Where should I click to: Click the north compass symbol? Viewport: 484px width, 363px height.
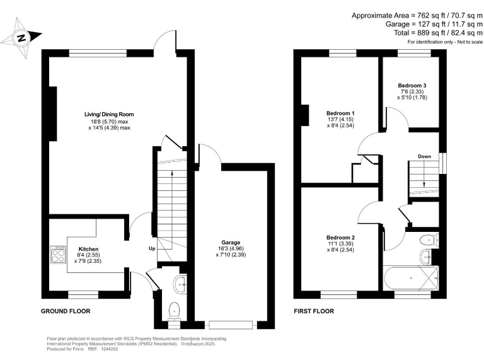pyautogui.click(x=22, y=38)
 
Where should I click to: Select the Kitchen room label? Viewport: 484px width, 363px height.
pyautogui.click(x=88, y=248)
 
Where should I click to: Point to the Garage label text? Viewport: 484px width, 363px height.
pyautogui.click(x=231, y=242)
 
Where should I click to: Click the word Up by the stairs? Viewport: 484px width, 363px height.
pyautogui.click(x=152, y=248)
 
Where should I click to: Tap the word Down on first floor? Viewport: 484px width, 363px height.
pyautogui.click(x=423, y=156)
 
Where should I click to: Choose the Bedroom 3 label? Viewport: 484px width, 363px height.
pyautogui.click(x=412, y=85)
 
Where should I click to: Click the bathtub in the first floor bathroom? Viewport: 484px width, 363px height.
pyautogui.click(x=410, y=277)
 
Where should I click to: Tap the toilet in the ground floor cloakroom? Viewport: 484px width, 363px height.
pyautogui.click(x=175, y=309)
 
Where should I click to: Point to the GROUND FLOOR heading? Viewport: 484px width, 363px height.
pyautogui.click(x=66, y=311)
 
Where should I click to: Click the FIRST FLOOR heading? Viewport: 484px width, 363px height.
pyautogui.click(x=314, y=311)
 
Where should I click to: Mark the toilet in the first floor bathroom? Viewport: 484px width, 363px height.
pyautogui.click(x=430, y=239)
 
